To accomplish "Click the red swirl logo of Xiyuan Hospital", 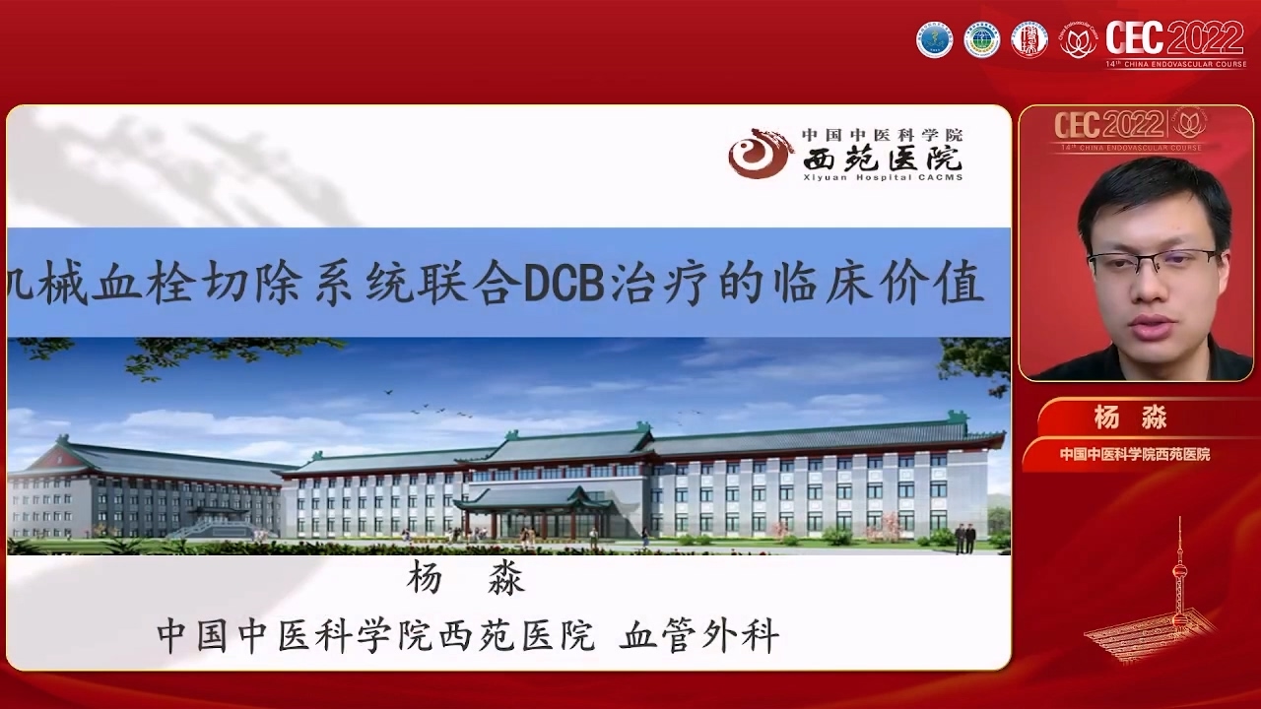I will click(x=760, y=154).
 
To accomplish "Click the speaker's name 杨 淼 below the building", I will click(x=465, y=580).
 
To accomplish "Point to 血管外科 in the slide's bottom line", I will click(x=698, y=636).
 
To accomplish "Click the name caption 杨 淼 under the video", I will click(x=1130, y=418).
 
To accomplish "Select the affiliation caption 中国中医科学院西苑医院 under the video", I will click(x=1134, y=454).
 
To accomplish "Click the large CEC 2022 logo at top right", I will click(x=1174, y=39).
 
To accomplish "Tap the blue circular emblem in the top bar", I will click(x=935, y=39).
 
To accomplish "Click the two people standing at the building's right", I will click(x=964, y=538).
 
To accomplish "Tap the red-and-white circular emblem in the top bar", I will click(x=1029, y=39).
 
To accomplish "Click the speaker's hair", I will click(x=1153, y=192).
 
